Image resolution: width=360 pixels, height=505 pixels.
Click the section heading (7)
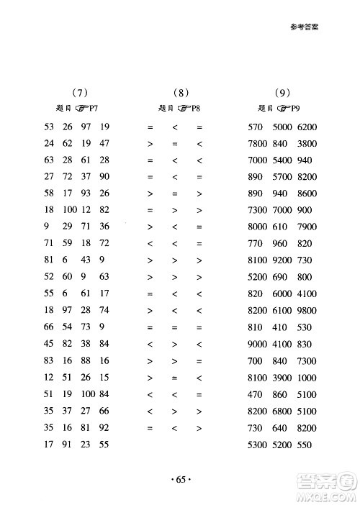tap(80, 92)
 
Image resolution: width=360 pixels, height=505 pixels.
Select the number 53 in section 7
tap(50, 127)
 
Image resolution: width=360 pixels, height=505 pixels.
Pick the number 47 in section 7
tap(104, 143)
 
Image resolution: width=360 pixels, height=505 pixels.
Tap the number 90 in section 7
tap(104, 177)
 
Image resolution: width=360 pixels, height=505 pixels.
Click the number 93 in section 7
tap(86, 194)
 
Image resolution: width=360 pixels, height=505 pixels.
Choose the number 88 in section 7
tap(86, 360)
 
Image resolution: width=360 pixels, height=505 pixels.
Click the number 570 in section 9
tap(256, 127)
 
